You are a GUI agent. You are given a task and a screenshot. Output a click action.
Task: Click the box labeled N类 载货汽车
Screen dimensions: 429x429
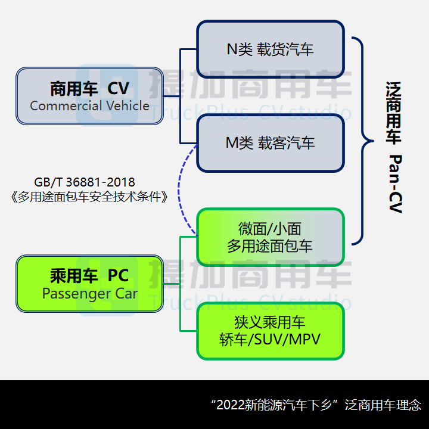(271, 49)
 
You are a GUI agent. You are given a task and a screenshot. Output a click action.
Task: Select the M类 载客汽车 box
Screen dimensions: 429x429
(271, 143)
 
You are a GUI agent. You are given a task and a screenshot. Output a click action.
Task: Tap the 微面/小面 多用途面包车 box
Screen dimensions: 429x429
(271, 237)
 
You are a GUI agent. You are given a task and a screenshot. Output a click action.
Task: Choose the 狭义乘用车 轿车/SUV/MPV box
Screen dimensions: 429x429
(271, 331)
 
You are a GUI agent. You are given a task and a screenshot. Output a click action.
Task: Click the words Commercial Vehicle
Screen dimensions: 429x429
(89, 106)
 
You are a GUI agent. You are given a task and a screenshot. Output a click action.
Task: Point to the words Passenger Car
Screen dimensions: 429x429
(89, 294)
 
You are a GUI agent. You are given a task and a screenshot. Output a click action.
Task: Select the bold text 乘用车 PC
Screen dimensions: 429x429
(89, 276)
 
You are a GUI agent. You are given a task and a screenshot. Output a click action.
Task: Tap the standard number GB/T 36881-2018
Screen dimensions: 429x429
(85, 182)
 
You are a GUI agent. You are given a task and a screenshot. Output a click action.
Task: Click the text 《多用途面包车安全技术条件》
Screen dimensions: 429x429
(89, 197)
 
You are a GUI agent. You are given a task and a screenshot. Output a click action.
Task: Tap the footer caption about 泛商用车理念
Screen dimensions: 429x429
(316, 405)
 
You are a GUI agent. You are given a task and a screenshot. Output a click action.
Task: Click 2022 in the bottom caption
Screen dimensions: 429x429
(229, 405)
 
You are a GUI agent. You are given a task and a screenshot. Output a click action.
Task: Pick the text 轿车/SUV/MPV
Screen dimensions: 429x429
(271, 340)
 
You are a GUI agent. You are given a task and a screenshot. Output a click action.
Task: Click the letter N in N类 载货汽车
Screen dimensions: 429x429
(231, 49)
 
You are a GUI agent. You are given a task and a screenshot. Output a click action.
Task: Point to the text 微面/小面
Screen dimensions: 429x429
(271, 228)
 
